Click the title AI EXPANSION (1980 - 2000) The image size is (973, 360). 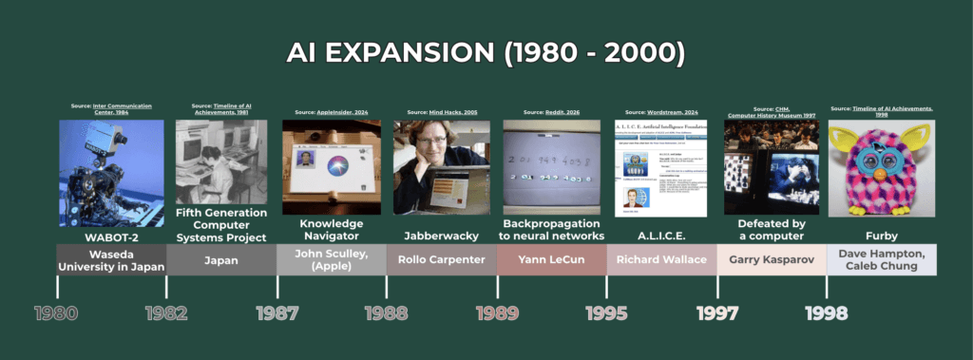[x=486, y=52]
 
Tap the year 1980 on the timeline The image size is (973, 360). [x=55, y=313]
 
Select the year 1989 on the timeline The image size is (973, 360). [x=497, y=313]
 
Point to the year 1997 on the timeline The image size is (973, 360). [x=718, y=313]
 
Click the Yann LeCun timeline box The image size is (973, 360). [x=551, y=259]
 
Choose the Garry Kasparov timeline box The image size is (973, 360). [x=772, y=259]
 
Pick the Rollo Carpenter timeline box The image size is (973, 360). [x=441, y=259]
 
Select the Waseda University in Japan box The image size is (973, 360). [x=111, y=259]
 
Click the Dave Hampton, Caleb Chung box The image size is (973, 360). [x=881, y=259]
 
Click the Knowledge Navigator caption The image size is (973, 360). [x=331, y=229]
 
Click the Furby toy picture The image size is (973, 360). [x=881, y=167]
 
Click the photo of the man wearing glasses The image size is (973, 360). [x=441, y=166]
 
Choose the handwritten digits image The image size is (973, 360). [x=551, y=166]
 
